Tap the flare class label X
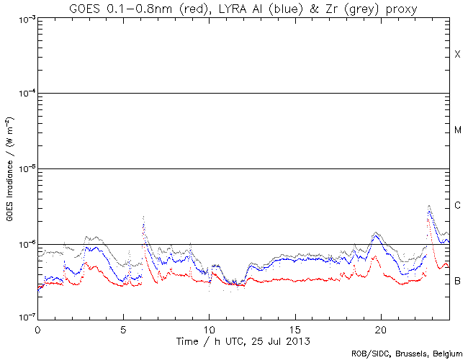click(x=457, y=55)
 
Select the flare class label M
click(x=457, y=130)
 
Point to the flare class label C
click(x=457, y=206)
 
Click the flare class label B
click(x=457, y=281)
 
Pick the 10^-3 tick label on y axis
click(x=21, y=18)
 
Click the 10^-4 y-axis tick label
click(x=21, y=94)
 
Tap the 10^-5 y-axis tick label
click(x=21, y=169)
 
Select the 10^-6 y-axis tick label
click(x=21, y=245)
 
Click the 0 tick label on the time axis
click(x=37, y=329)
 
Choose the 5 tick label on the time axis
click(x=123, y=329)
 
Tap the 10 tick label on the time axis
click(x=209, y=329)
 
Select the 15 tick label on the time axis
click(x=294, y=329)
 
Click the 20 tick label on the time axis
click(x=380, y=329)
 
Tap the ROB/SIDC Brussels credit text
click(x=407, y=354)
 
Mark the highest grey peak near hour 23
click(x=429, y=206)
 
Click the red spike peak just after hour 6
click(x=144, y=225)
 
